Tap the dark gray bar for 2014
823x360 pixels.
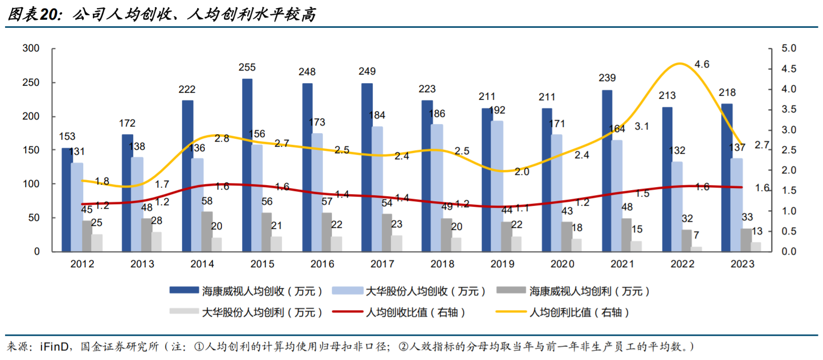(x=207, y=231)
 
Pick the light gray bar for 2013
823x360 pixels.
(x=156, y=242)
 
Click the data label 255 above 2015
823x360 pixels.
(x=247, y=67)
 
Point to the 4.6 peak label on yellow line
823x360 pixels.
(x=701, y=64)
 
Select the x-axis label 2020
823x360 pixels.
(x=562, y=264)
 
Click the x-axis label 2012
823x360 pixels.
(x=82, y=264)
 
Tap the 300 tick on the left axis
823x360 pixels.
(x=31, y=48)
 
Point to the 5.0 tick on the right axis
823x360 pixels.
(x=789, y=48)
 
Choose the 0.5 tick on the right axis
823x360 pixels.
(x=789, y=231)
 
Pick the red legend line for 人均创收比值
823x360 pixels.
(x=348, y=312)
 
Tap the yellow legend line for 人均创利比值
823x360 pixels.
(x=511, y=312)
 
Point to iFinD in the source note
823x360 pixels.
(x=54, y=346)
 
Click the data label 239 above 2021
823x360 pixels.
(x=607, y=78)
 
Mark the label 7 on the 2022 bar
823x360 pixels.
(x=696, y=235)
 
